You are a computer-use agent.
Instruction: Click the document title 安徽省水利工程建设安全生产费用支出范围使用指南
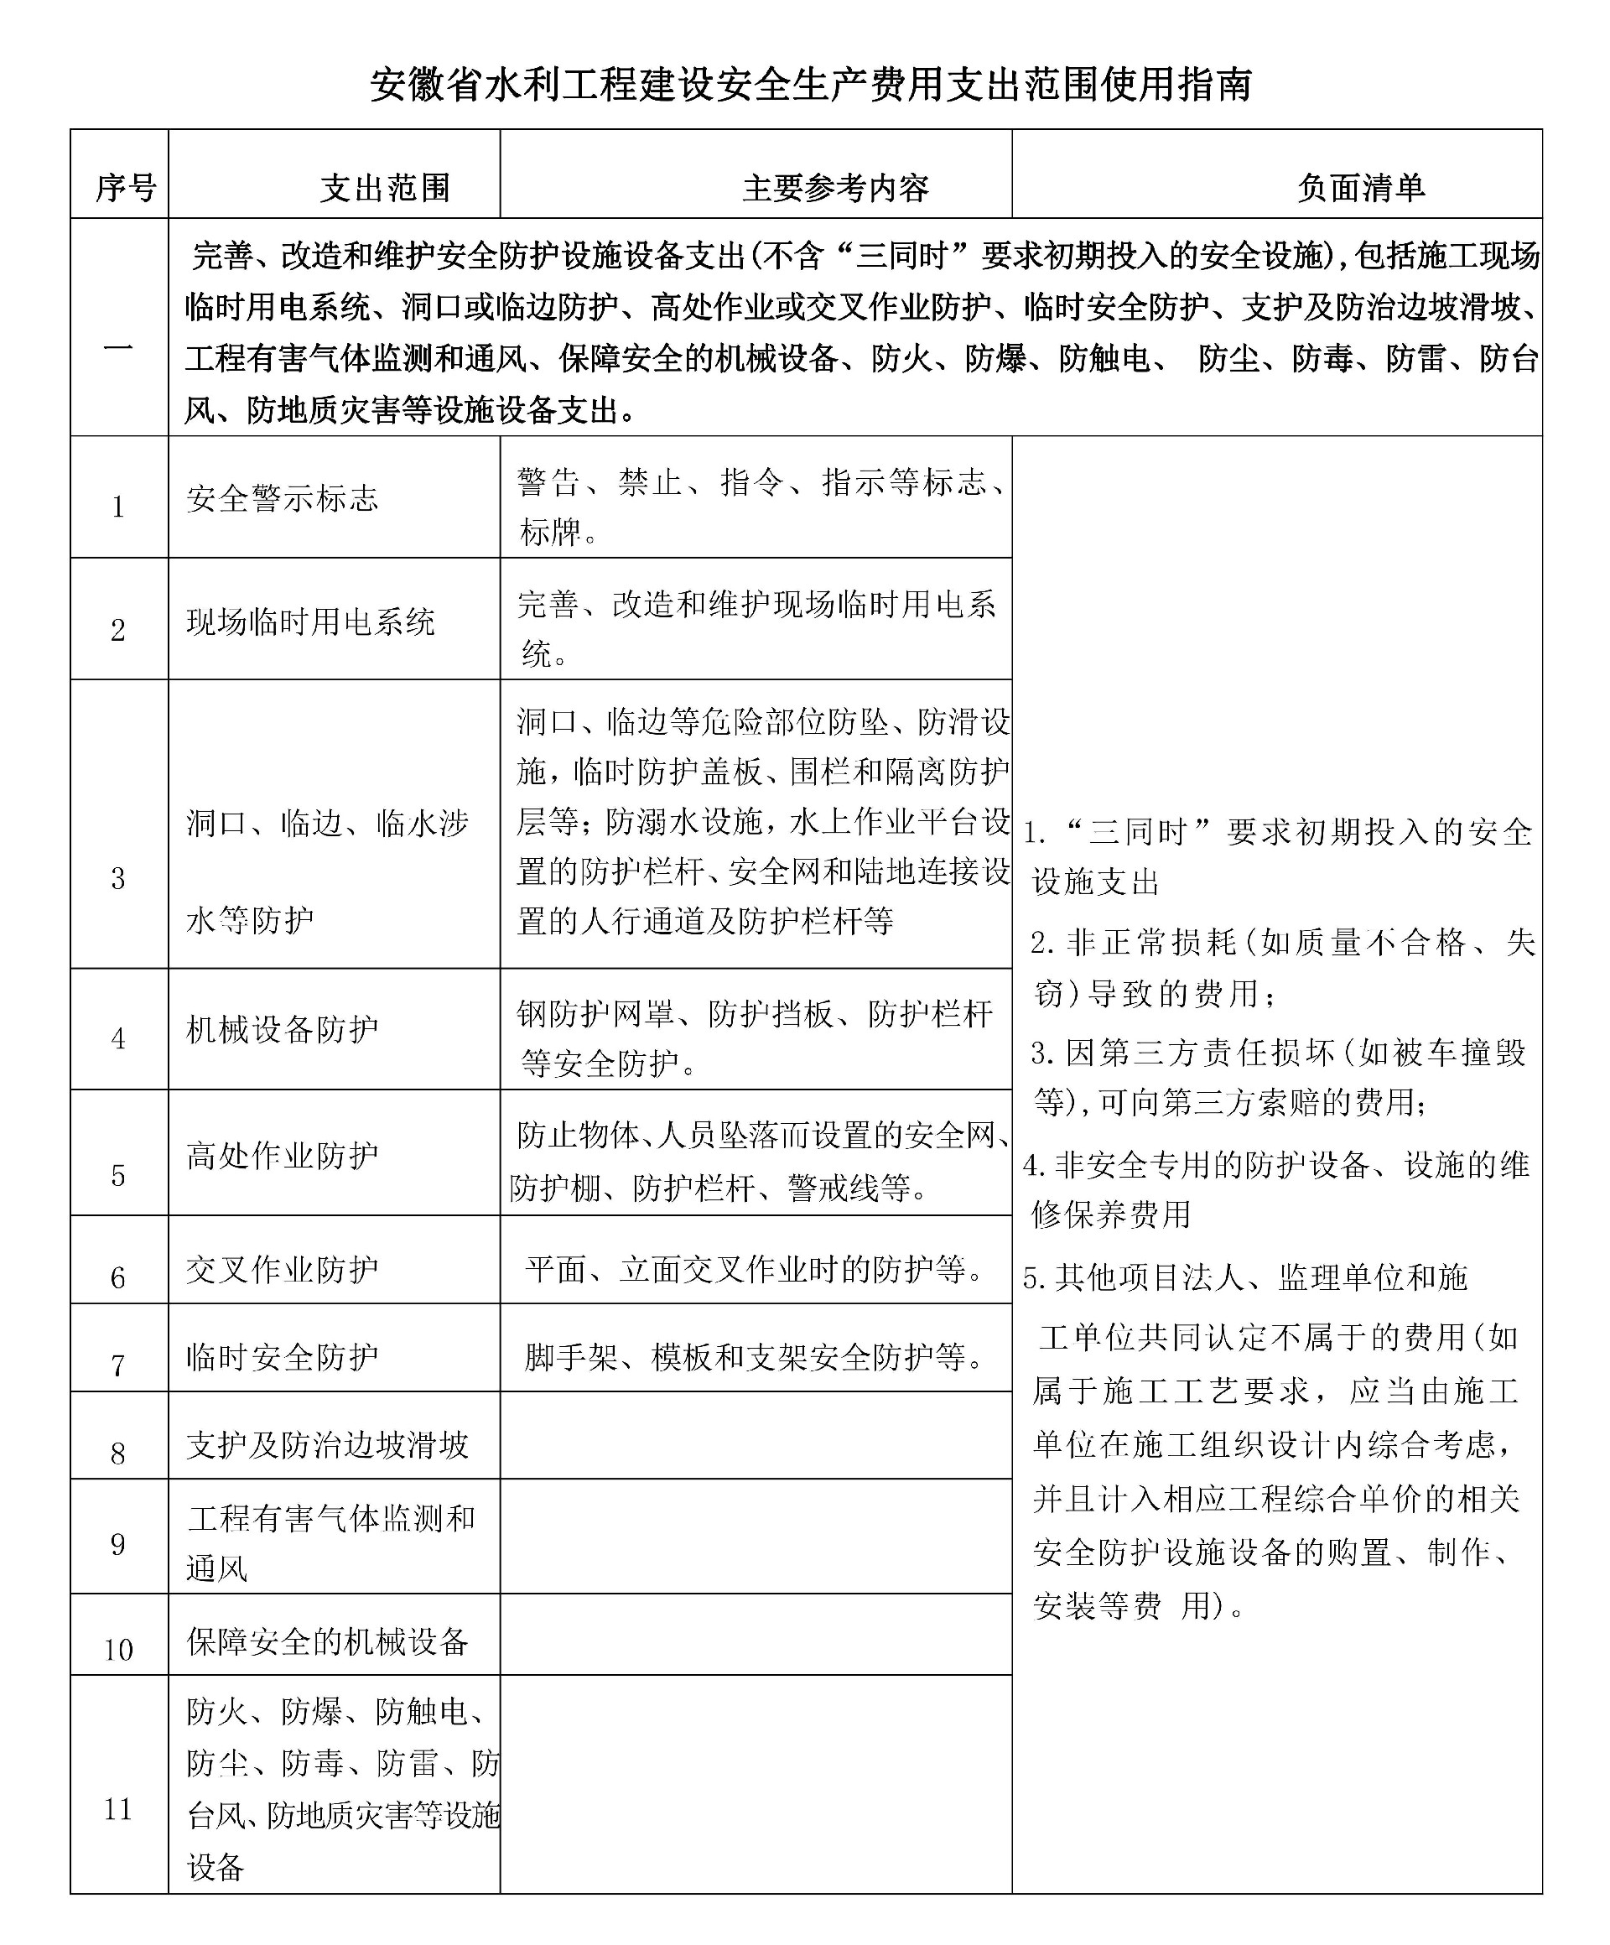tap(811, 84)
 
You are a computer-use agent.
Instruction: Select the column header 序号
tap(125, 188)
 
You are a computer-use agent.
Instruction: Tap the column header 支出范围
tap(385, 188)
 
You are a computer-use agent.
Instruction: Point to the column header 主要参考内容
tap(835, 188)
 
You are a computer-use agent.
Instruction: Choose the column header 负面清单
tap(1360, 188)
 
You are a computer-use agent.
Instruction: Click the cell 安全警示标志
tap(283, 499)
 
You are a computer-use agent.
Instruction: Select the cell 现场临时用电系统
tap(310, 621)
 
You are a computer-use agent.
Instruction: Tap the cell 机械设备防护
tap(283, 1029)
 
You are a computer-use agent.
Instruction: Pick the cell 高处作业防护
tap(283, 1155)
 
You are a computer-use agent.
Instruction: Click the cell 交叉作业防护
tap(283, 1270)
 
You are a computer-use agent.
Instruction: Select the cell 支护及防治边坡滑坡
tap(328, 1445)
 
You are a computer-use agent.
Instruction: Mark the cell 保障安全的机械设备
tap(328, 1641)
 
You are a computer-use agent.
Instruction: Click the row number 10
tap(118, 1650)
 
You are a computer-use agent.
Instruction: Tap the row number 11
tap(118, 1809)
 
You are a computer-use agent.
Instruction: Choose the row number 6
tap(118, 1278)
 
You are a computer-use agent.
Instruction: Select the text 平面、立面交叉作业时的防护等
tap(756, 1270)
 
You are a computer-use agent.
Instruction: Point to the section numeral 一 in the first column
tap(118, 348)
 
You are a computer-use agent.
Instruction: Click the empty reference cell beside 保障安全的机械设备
tap(756, 1635)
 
